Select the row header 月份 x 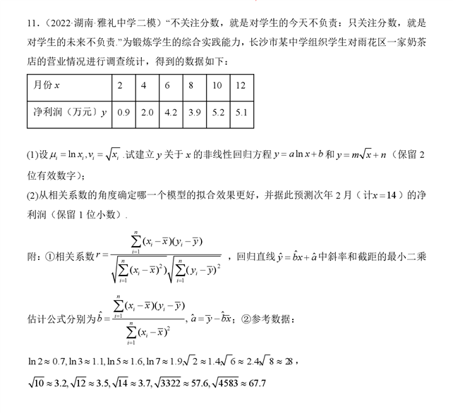[46, 85]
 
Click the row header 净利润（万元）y [66, 112]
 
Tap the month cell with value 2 [120, 85]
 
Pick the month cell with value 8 [191, 85]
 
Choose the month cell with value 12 [241, 85]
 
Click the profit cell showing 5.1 [241, 112]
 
